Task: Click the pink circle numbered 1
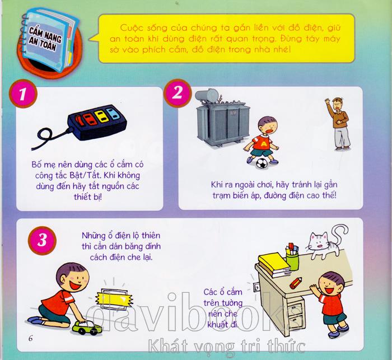point(23,94)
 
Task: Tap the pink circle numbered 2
point(178,93)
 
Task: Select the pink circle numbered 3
point(42,241)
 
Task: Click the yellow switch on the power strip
point(102,116)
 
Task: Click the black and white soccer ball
point(262,163)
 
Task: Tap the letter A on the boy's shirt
point(263,144)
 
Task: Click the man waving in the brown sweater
point(339,124)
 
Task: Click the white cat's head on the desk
point(318,240)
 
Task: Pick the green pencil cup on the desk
point(292,262)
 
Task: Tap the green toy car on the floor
point(87,328)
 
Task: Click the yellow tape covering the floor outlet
point(114,298)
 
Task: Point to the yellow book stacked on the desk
point(273,262)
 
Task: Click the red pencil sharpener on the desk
point(296,283)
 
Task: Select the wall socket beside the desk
point(256,288)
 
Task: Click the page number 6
point(30,339)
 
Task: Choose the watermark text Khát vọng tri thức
point(226,347)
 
